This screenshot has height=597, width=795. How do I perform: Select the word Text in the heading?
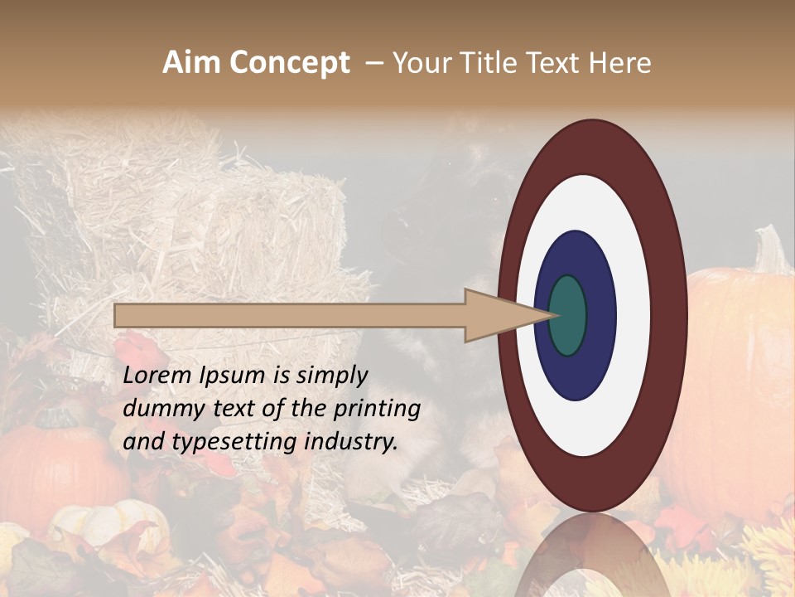pos(556,63)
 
